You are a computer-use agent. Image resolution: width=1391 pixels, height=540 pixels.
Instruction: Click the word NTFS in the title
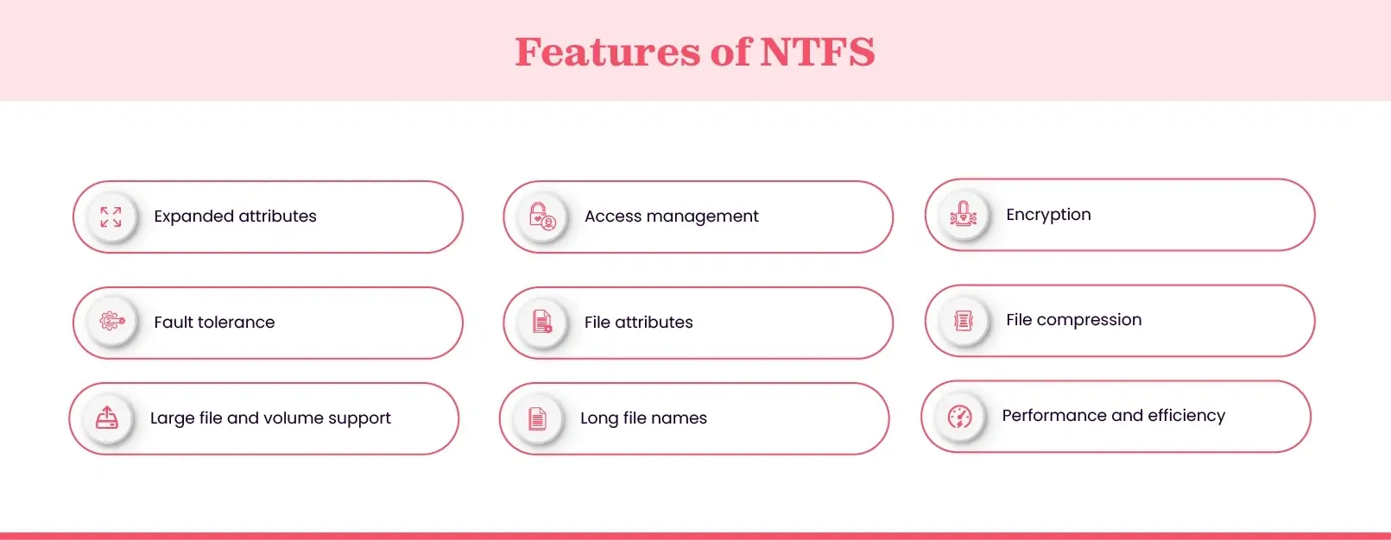pos(817,52)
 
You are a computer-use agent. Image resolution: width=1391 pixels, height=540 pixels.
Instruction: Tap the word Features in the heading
pos(608,52)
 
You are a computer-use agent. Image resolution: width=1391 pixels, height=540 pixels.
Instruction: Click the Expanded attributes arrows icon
pos(111,217)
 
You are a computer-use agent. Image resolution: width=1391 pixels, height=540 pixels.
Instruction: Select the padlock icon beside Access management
pos(542,217)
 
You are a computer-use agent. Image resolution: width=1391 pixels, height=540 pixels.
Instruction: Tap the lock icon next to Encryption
pos(963,214)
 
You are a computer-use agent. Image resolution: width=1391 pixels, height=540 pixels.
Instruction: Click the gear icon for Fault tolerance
pos(112,321)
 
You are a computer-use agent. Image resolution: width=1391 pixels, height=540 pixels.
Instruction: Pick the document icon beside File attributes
pos(542,322)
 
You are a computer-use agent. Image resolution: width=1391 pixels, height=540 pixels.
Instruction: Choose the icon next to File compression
pos(963,320)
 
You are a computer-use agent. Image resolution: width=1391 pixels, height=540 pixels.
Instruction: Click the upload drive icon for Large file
pos(107,418)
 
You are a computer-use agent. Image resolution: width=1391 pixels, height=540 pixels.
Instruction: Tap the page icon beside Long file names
pos(537,419)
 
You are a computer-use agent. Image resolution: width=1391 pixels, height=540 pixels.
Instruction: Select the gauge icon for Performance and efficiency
pos(960,417)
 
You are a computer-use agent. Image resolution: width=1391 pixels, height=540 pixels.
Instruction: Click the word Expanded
pos(193,217)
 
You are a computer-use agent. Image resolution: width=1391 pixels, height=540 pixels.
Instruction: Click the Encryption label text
pos(1048,215)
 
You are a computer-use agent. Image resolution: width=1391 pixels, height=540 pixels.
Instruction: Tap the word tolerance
pos(236,322)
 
